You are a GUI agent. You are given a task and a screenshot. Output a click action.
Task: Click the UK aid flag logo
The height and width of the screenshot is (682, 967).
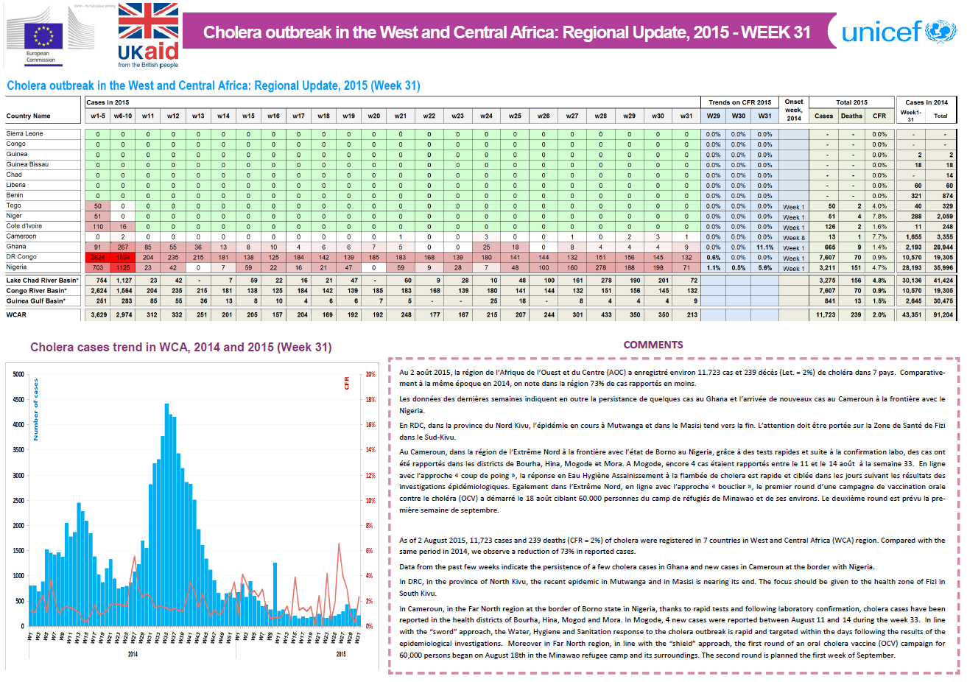(x=148, y=35)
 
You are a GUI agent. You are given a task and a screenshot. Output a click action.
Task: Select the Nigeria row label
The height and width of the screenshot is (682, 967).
(x=17, y=267)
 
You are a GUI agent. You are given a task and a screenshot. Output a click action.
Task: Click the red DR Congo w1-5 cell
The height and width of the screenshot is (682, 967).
(x=97, y=257)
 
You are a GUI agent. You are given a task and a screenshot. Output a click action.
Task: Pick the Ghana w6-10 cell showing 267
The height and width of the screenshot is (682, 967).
(x=123, y=247)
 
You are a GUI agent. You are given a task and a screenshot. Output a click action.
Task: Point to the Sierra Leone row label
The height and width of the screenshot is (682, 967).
(x=25, y=133)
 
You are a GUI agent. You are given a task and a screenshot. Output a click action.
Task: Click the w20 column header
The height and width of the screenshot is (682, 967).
(x=373, y=116)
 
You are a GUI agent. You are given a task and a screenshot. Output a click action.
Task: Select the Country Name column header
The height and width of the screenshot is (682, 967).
(x=29, y=116)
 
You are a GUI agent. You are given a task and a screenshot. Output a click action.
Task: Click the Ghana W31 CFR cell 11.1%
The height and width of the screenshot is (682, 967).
(x=764, y=247)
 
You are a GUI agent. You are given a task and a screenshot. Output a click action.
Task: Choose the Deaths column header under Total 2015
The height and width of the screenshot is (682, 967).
(x=851, y=116)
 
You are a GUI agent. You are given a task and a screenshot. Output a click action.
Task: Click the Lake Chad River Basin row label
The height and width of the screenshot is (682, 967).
(x=42, y=281)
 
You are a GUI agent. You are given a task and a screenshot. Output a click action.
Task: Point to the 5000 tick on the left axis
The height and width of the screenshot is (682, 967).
(x=18, y=374)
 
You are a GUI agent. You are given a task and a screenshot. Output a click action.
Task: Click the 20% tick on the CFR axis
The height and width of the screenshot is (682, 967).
(x=370, y=374)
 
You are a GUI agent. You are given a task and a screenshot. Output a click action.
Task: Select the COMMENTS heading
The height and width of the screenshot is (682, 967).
(x=653, y=345)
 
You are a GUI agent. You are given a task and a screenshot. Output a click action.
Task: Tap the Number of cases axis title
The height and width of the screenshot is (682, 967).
(x=35, y=409)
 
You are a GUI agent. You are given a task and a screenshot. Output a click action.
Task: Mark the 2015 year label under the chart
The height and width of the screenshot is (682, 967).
(x=341, y=654)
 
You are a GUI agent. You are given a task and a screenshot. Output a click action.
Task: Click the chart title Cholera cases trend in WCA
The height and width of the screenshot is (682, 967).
(x=180, y=347)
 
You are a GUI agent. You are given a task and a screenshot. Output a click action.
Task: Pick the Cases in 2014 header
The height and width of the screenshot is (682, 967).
(x=926, y=102)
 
